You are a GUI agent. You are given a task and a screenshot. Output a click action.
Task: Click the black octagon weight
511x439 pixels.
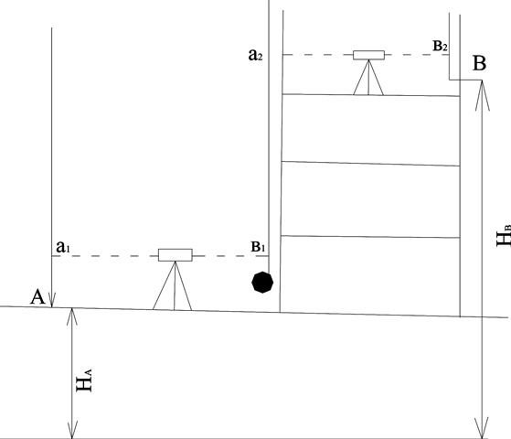[262, 283]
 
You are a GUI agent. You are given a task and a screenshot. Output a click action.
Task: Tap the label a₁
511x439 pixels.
[63, 247]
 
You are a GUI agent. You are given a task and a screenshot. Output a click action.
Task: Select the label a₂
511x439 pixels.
[255, 55]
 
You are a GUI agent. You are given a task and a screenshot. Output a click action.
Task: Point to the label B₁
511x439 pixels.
[258, 247]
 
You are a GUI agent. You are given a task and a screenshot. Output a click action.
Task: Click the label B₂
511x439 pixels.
[440, 46]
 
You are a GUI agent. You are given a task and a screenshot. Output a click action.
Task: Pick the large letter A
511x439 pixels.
[37, 297]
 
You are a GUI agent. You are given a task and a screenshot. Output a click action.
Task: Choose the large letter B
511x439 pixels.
[479, 63]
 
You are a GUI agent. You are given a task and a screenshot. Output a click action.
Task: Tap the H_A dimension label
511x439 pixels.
[84, 380]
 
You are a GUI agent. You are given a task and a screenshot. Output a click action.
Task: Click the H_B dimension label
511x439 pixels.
[504, 235]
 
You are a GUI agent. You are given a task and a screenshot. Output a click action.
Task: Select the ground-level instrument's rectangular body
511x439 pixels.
[176, 255]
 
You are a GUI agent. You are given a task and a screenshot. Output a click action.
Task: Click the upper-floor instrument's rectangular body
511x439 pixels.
[369, 55]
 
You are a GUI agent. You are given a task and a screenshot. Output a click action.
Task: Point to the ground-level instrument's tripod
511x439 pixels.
[173, 285]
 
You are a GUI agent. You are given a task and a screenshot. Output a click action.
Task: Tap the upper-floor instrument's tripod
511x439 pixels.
[368, 78]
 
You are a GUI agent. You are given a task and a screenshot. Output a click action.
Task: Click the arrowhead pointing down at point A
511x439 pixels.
[52, 299]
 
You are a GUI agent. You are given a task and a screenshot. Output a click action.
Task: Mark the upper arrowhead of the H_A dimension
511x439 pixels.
[72, 316]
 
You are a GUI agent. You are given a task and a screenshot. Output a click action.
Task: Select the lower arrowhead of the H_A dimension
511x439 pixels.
[72, 430]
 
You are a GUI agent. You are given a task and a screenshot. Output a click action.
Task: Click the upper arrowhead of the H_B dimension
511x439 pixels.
[482, 95]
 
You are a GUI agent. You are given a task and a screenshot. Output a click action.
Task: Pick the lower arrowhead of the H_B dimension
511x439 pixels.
[482, 428]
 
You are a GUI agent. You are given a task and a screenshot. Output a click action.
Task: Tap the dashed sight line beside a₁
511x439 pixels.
[105, 256]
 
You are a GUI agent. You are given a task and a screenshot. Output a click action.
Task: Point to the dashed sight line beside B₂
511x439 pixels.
[417, 55]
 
